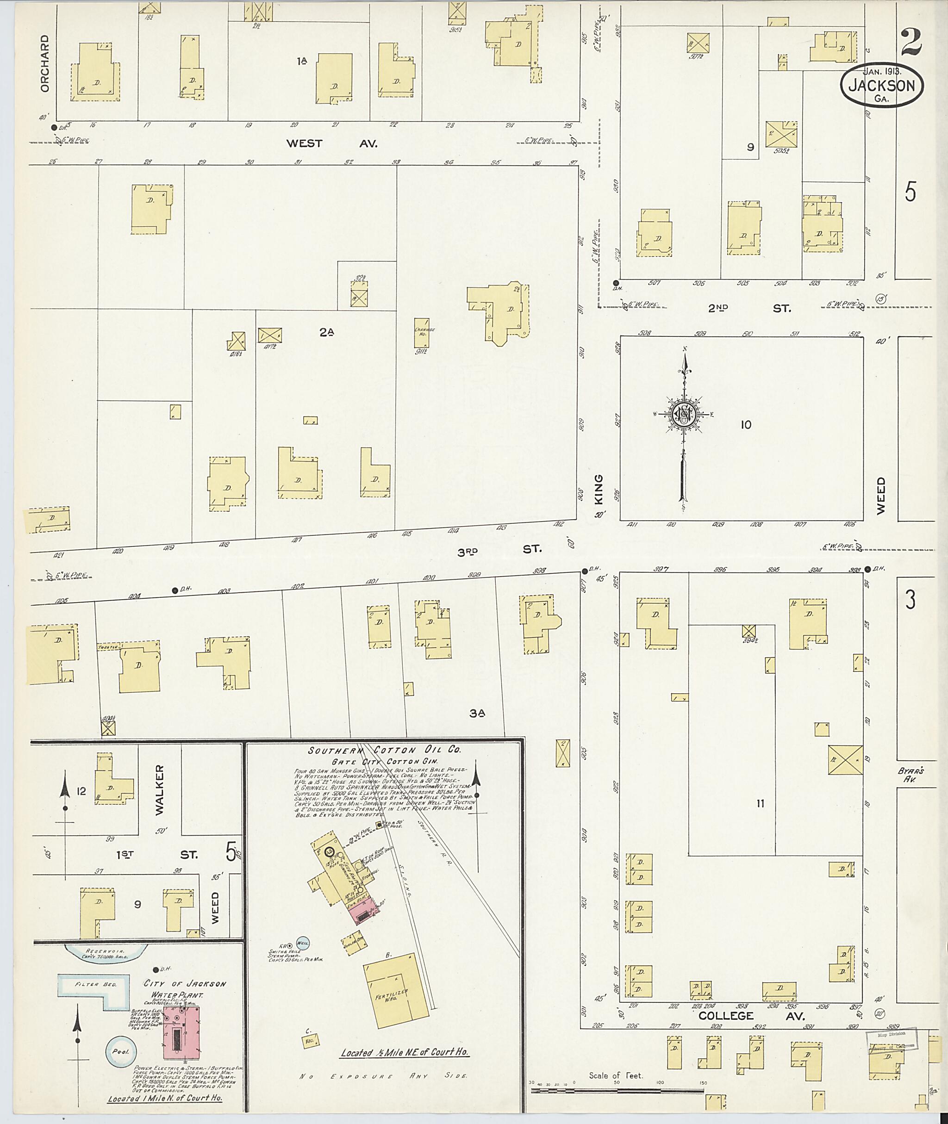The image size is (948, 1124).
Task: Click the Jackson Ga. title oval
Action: point(881,86)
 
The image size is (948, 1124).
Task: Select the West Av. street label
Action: point(331,143)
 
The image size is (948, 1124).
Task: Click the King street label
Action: point(599,489)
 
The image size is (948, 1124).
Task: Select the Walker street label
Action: point(160,790)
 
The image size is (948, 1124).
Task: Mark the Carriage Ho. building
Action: point(421,333)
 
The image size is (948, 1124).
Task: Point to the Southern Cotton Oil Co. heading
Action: point(384,751)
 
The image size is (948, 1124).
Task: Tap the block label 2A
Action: point(326,333)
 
